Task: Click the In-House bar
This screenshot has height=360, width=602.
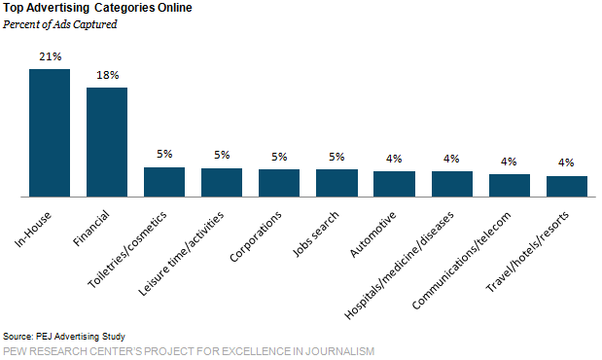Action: [50, 133]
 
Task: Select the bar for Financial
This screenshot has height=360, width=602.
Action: [107, 142]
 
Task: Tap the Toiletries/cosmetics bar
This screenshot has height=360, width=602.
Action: [164, 182]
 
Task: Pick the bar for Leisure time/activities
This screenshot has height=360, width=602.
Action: [222, 182]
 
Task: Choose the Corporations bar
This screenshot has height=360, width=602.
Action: [279, 183]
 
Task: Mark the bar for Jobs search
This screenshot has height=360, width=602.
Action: [336, 183]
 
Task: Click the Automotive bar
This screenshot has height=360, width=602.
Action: [394, 184]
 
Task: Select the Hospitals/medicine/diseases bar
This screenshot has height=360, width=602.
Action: [452, 184]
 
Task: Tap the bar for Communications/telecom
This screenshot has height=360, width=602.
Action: [510, 185]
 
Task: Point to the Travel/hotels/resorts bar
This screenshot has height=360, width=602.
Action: [567, 186]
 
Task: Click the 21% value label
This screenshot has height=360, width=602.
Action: [50, 57]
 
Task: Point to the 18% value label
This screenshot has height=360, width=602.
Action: [107, 75]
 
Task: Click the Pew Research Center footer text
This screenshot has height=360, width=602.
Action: [189, 350]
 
